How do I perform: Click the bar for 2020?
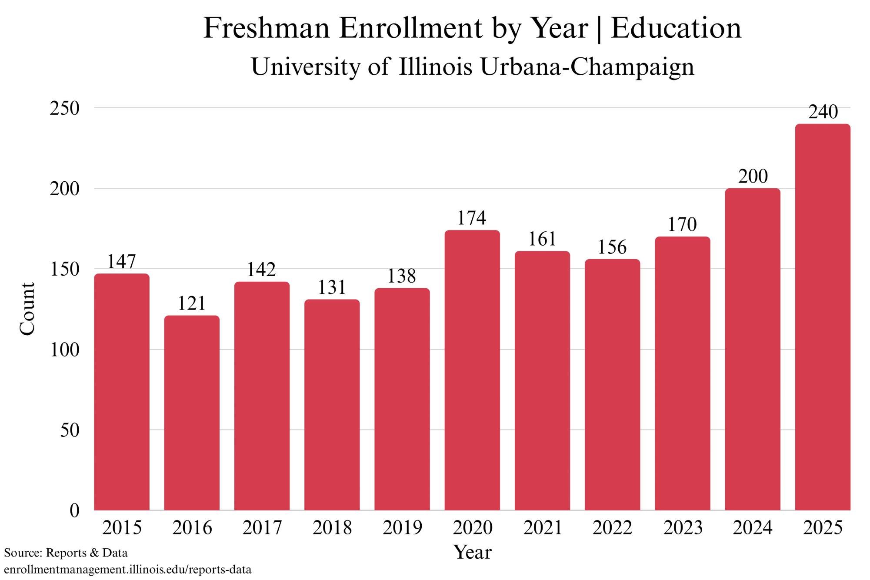pos(472,370)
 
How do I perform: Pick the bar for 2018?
pos(332,404)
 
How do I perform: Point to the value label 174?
pos(472,218)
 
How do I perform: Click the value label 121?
pos(192,303)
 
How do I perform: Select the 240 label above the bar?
pos(823,112)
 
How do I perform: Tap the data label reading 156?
pos(612,247)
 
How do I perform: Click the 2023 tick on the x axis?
pos(683,528)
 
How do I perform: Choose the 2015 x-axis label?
pos(122,528)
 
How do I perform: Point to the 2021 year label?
pos(543,528)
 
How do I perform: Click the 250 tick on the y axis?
pos(65,108)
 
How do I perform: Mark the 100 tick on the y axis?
pos(65,350)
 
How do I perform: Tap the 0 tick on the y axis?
pos(74,510)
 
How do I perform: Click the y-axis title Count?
pos(27,309)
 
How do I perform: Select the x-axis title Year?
pos(472,552)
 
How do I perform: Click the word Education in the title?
pos(676,28)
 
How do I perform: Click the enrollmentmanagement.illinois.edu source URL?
pos(128,570)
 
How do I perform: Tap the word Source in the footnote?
pos(23,553)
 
